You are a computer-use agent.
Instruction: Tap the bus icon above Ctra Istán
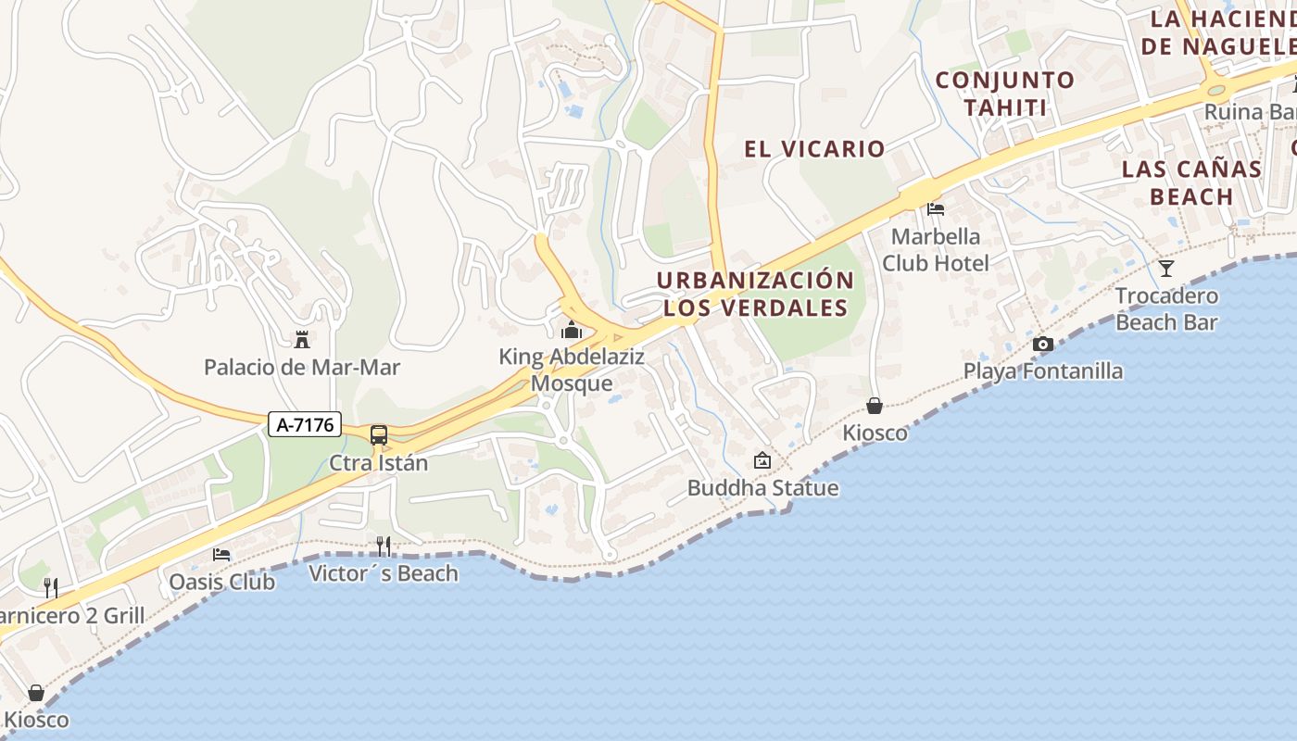(x=379, y=435)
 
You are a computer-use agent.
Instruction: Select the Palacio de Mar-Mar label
(x=302, y=368)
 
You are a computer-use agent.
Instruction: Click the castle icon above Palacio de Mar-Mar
(x=301, y=339)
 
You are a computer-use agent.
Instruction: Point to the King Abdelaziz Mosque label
(x=572, y=370)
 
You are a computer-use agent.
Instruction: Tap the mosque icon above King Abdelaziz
(x=571, y=330)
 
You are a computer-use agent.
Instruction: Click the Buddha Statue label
(x=762, y=488)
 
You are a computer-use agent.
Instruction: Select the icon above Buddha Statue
(x=762, y=459)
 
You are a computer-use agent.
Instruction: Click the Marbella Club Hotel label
(x=936, y=249)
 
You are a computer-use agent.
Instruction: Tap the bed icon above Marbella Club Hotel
(x=936, y=209)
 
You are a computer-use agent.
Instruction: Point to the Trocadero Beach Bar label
(x=1166, y=309)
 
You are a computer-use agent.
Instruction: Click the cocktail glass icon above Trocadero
(x=1166, y=269)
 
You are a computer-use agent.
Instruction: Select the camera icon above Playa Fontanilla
(x=1043, y=345)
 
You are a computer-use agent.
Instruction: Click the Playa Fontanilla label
(x=1043, y=371)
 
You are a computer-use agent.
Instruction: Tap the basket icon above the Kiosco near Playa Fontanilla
(x=875, y=406)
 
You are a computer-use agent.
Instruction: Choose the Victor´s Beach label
(x=384, y=573)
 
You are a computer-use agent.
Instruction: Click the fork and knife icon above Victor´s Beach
(x=384, y=546)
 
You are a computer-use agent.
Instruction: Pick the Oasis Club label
(x=222, y=582)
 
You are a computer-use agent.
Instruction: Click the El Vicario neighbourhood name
(x=814, y=148)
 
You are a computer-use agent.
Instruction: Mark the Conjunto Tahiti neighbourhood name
(x=1005, y=94)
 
